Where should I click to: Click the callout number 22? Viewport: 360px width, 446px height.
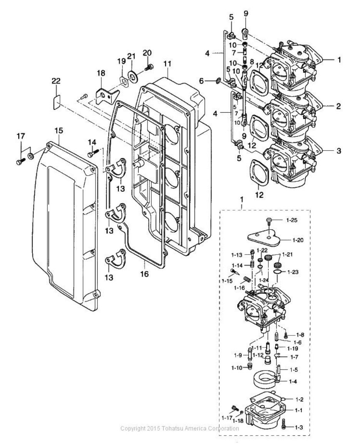coord(56,81)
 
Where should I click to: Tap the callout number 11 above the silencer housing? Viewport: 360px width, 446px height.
coord(167,64)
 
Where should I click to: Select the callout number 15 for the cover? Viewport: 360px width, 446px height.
coord(59,131)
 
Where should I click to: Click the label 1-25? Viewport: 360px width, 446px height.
coord(292,220)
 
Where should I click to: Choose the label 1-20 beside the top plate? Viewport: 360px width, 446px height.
coord(298,240)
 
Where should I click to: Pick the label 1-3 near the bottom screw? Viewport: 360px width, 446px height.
coord(299,427)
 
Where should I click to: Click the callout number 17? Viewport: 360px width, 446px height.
coord(21,136)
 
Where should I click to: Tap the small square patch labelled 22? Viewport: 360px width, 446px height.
coord(56,103)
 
